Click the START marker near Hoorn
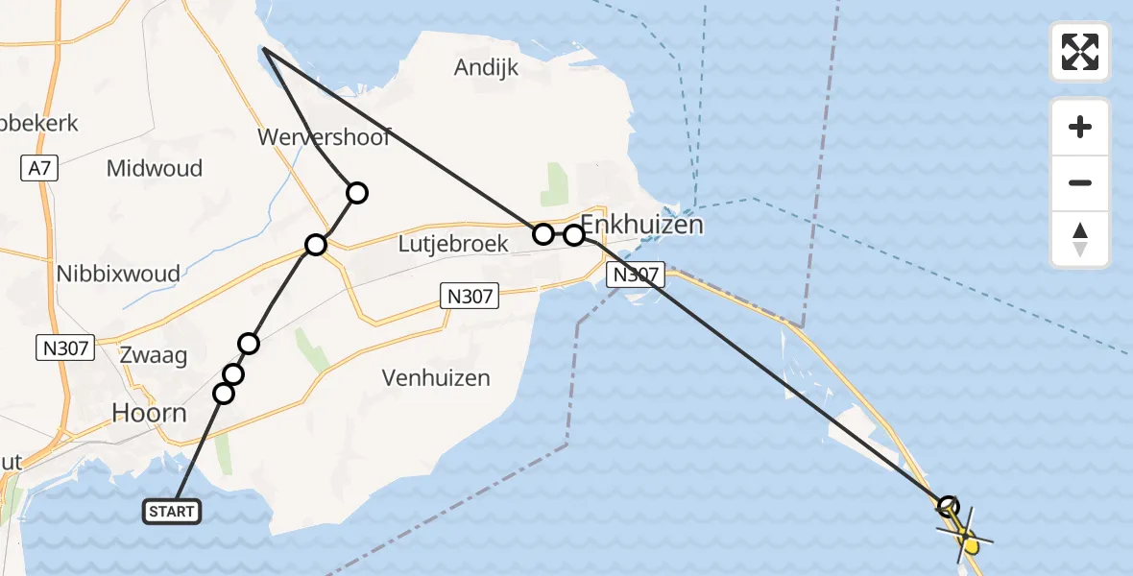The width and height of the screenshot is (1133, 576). pyautogui.click(x=172, y=512)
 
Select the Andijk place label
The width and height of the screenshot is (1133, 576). pyautogui.click(x=486, y=67)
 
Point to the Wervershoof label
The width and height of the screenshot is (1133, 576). pyautogui.click(x=324, y=137)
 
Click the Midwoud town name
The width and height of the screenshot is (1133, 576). pyautogui.click(x=154, y=169)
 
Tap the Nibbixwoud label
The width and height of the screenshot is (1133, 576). pyautogui.click(x=117, y=274)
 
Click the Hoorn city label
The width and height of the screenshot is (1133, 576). pyautogui.click(x=149, y=413)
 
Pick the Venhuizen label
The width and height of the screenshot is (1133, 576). pyautogui.click(x=436, y=378)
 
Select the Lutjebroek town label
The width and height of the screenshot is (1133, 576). pyautogui.click(x=453, y=245)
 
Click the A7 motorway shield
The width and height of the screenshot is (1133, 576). pyautogui.click(x=39, y=169)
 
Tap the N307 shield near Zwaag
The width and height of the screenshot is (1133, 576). pyautogui.click(x=65, y=348)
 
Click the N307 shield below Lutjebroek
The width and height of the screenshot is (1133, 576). pyautogui.click(x=470, y=297)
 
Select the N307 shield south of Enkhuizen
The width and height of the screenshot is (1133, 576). pyautogui.click(x=635, y=276)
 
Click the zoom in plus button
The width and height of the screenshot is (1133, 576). pyautogui.click(x=1080, y=127)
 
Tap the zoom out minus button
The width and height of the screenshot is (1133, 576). pyautogui.click(x=1080, y=182)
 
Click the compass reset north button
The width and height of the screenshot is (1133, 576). pyautogui.click(x=1080, y=239)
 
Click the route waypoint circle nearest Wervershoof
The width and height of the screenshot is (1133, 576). pyautogui.click(x=356, y=193)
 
